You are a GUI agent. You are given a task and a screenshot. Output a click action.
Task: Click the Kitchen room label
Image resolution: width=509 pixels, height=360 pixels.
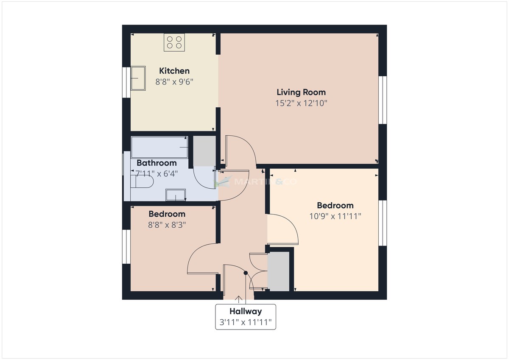[x=174, y=71]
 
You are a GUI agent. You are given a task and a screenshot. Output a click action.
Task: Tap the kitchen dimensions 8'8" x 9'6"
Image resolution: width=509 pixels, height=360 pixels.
[x=174, y=82]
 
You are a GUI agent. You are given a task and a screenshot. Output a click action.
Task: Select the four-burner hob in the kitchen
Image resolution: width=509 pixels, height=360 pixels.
[x=174, y=42]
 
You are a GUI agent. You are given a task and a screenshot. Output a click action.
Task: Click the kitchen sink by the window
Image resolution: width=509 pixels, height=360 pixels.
[x=138, y=78]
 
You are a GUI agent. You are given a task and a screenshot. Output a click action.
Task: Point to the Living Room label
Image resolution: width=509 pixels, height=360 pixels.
[x=301, y=92]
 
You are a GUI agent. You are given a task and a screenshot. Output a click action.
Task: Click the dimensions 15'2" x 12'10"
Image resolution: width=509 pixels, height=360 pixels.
[x=301, y=103]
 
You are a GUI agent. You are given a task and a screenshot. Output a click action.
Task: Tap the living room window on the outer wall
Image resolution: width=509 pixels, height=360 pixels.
[x=383, y=100]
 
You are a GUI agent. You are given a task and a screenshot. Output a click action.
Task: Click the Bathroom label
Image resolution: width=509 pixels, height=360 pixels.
[x=157, y=163]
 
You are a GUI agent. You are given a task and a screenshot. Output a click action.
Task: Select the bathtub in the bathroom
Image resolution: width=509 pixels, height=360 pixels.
[x=159, y=147]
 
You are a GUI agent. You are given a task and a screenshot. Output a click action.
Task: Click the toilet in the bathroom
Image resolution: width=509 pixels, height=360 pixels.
[x=142, y=182]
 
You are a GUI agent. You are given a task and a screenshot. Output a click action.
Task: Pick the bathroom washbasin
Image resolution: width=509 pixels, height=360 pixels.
[x=176, y=195]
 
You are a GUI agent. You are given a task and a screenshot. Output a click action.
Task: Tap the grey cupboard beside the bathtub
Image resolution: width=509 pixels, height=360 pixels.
[x=204, y=151]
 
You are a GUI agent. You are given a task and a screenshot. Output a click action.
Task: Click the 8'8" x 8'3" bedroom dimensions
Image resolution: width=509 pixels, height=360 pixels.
[x=167, y=225]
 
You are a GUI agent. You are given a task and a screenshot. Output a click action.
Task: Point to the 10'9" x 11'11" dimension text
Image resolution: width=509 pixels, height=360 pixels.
[x=335, y=216]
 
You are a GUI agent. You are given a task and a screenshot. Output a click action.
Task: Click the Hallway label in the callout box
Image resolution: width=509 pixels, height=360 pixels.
[x=246, y=311]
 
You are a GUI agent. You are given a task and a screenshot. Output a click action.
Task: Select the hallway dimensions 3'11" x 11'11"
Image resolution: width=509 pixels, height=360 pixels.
[x=246, y=322]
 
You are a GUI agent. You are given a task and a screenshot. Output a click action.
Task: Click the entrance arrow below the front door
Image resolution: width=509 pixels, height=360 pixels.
[x=238, y=300]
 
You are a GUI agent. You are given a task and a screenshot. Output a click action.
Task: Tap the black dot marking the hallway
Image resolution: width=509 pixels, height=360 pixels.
[x=246, y=273]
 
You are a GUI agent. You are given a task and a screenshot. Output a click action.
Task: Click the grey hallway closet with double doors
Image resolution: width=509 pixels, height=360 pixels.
[x=278, y=271]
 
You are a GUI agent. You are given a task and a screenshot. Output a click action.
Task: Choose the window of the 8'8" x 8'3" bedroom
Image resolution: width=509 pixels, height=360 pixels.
[x=126, y=247]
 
